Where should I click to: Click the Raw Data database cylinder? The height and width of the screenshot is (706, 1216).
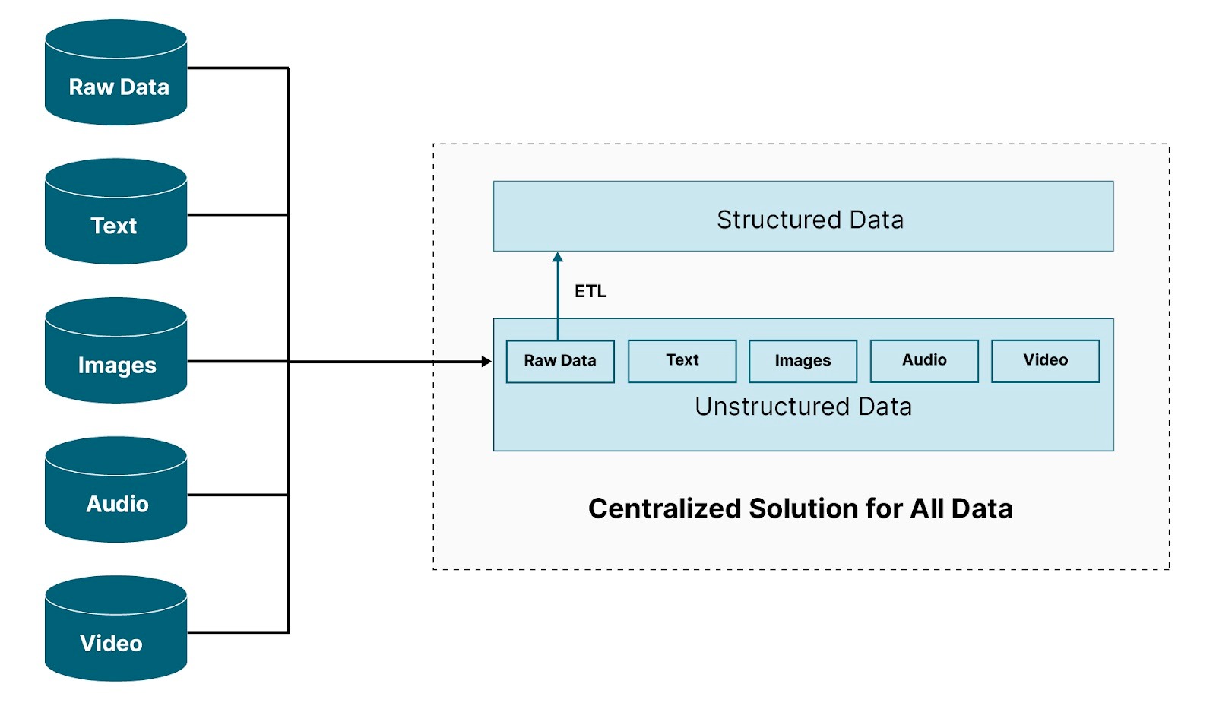click(116, 72)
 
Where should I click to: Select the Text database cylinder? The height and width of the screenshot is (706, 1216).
click(116, 211)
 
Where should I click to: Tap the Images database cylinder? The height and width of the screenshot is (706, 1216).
click(116, 350)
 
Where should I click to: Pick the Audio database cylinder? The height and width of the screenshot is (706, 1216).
click(116, 489)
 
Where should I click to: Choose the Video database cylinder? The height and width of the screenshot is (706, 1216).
click(116, 628)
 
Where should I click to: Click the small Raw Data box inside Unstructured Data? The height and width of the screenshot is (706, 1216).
click(560, 362)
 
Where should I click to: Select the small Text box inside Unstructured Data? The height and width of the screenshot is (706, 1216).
click(682, 362)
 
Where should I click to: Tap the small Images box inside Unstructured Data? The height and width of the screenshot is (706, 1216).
click(803, 362)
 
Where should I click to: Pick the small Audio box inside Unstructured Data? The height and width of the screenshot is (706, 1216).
click(924, 362)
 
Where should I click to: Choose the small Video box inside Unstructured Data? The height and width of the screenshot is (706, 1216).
click(1046, 362)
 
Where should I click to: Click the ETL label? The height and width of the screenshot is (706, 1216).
click(590, 291)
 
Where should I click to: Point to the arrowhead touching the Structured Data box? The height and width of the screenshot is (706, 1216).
click(558, 257)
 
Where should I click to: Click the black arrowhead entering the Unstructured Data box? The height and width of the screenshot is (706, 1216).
click(487, 362)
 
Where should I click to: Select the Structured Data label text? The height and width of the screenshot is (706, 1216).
click(810, 220)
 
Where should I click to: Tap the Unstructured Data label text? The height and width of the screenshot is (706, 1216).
click(803, 407)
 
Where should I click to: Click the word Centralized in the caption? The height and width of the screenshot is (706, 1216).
click(665, 508)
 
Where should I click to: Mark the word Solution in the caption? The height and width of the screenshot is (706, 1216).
click(805, 508)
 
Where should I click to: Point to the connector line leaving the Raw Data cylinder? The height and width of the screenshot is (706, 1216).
click(238, 68)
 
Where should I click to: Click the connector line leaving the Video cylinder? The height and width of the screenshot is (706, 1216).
click(238, 632)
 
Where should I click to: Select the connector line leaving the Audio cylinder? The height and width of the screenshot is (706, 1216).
click(238, 495)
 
